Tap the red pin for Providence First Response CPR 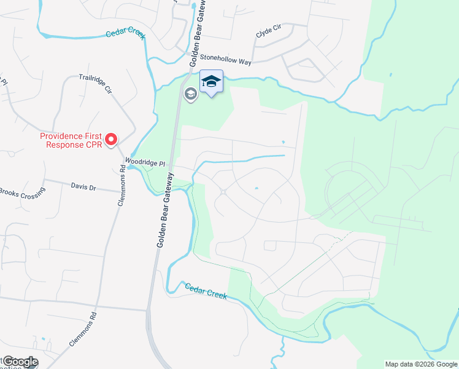click(x=111, y=140)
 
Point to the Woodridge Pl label click(x=145, y=164)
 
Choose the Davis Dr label click(x=83, y=186)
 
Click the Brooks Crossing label click(x=22, y=192)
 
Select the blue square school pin click(x=211, y=82)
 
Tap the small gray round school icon click(x=190, y=94)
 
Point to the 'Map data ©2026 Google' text click(x=421, y=364)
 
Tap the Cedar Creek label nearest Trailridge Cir click(x=125, y=35)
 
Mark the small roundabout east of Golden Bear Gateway click(x=223, y=192)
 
